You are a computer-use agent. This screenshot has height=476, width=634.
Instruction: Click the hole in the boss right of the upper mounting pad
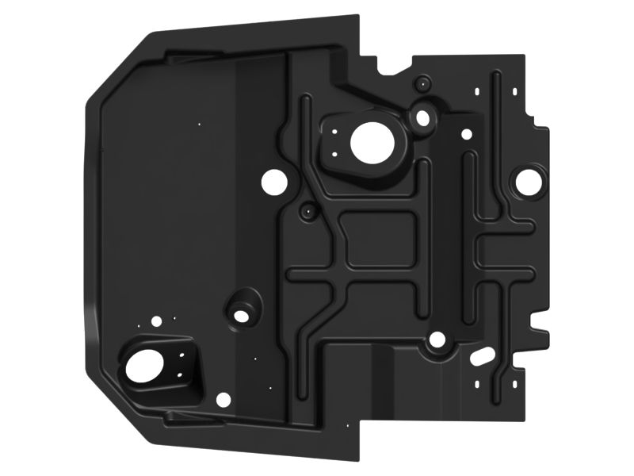point(423,118)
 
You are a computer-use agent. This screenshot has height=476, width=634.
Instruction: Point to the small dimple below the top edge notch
point(424,81)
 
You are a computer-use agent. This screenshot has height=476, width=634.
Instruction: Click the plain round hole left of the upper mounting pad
point(274,182)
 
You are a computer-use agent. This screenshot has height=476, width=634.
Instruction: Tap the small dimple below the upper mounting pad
point(307,212)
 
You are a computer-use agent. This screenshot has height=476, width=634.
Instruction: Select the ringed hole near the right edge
point(525,179)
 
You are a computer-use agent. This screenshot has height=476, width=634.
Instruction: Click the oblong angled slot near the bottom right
point(479,358)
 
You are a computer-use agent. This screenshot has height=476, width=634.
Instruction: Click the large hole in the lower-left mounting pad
point(144,366)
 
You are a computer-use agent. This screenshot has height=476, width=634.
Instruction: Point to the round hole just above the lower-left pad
point(156,321)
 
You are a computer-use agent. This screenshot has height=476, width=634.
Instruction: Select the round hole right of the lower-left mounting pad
point(223,399)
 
